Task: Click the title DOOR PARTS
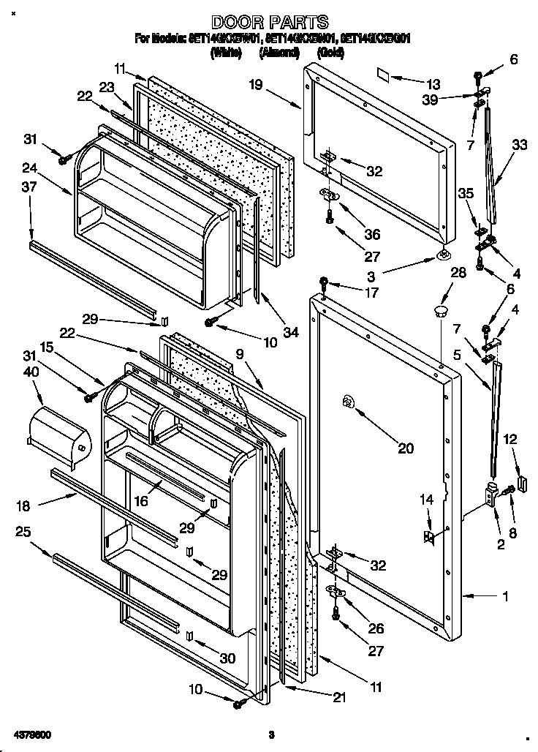[269, 23]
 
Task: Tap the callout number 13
[434, 83]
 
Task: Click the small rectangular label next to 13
[384, 74]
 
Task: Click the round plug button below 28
[440, 312]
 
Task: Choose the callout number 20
[404, 448]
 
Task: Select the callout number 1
[504, 596]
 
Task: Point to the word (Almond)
[279, 53]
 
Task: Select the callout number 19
[254, 85]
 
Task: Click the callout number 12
[510, 439]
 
